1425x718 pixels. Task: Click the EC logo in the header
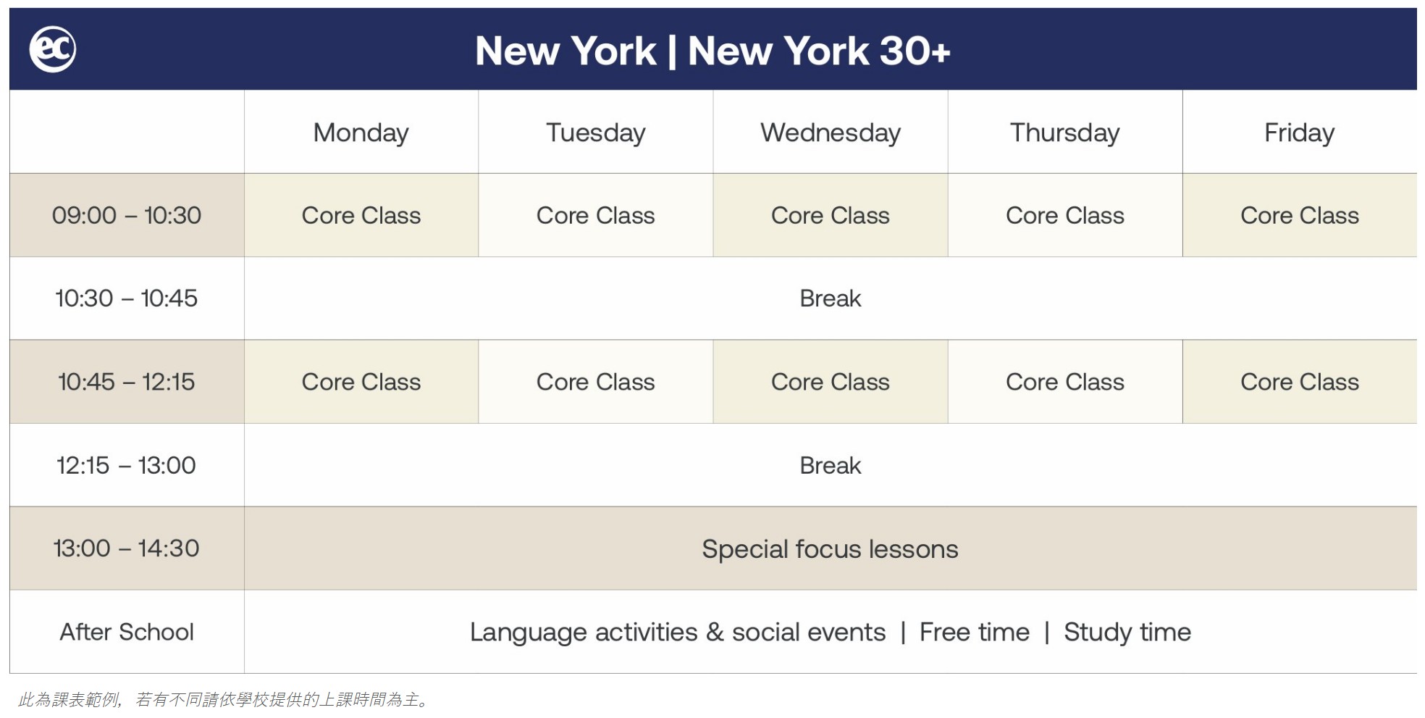click(x=52, y=49)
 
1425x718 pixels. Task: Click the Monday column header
click(x=361, y=133)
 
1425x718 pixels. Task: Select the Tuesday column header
click(x=595, y=133)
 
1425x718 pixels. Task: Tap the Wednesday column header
click(x=831, y=133)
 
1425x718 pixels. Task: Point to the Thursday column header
click(x=1064, y=133)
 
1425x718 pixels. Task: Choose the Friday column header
click(x=1299, y=133)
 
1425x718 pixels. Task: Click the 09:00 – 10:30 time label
click(x=127, y=215)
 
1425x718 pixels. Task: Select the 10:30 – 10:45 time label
click(x=127, y=298)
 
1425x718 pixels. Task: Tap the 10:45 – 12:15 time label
click(x=127, y=382)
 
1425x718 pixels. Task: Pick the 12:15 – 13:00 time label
click(x=127, y=465)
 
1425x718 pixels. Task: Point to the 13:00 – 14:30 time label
click(x=127, y=548)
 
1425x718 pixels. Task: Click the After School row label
click(x=127, y=632)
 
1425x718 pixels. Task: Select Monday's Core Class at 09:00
click(x=361, y=215)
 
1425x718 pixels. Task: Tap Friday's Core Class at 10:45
click(x=1299, y=382)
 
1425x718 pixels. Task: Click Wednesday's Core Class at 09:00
click(x=831, y=215)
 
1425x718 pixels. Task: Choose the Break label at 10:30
click(x=831, y=298)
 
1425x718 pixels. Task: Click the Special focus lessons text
click(x=830, y=549)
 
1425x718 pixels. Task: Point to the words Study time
click(x=1127, y=633)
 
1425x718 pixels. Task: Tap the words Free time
click(x=975, y=633)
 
